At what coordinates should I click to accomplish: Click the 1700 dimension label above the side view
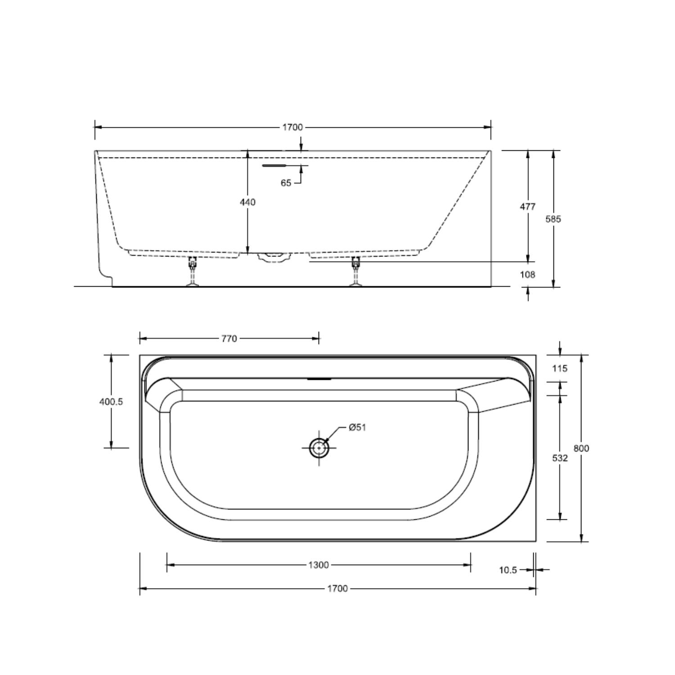pyautogui.click(x=292, y=127)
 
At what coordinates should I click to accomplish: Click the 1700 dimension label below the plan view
pyautogui.click(x=337, y=589)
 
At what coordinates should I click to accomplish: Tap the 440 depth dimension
pyautogui.click(x=247, y=202)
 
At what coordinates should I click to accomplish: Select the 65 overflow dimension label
pyautogui.click(x=286, y=183)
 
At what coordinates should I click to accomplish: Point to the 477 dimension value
pyautogui.click(x=528, y=207)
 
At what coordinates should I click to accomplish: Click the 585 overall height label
pyautogui.click(x=553, y=219)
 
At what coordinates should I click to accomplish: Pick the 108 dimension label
pyautogui.click(x=528, y=274)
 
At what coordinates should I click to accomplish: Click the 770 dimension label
pyautogui.click(x=229, y=338)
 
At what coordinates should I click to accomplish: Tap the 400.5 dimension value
pyautogui.click(x=111, y=401)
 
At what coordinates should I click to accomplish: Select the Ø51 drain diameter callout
pyautogui.click(x=357, y=427)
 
